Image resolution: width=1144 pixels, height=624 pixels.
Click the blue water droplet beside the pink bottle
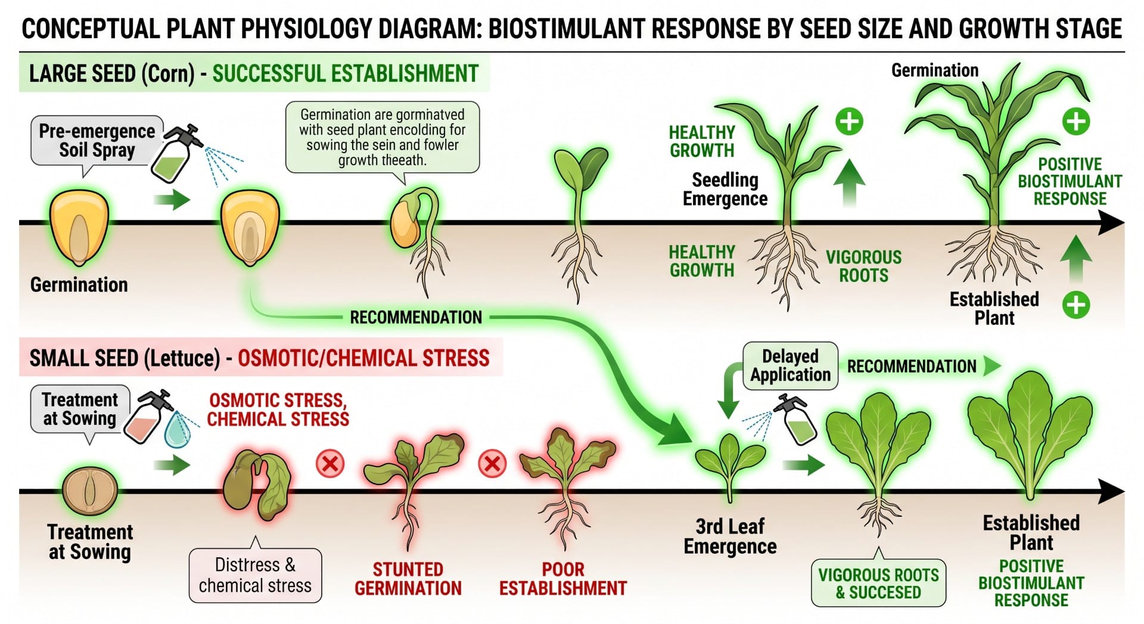178,429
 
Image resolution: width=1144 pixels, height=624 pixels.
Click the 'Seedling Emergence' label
725,189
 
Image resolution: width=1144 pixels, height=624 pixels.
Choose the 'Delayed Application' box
790,366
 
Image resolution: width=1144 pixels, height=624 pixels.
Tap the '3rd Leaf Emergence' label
730,536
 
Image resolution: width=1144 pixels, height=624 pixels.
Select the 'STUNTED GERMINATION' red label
408,579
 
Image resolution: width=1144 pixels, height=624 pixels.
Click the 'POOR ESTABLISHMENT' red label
563,579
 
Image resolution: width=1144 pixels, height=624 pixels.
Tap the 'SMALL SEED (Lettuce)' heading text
125,358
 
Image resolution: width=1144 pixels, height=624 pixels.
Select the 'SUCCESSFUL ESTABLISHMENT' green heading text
346,74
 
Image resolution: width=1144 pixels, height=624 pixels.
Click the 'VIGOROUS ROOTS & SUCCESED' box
878,583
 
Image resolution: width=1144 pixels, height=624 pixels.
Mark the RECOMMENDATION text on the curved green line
416,317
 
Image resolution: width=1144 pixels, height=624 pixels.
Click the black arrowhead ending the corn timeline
1111,223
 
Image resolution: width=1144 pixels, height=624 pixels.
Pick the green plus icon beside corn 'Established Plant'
1075,305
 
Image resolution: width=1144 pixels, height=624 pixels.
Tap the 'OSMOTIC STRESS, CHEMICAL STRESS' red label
278,409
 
